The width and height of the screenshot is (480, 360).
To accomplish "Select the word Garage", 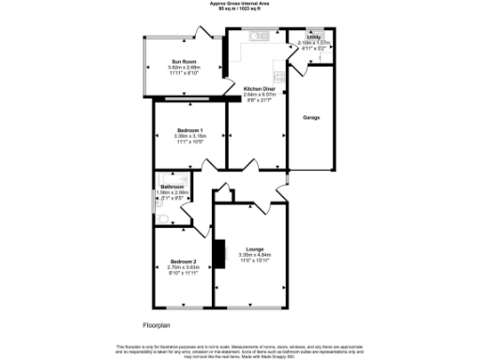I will click(312, 118).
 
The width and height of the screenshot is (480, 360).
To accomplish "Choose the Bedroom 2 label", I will click(183, 261).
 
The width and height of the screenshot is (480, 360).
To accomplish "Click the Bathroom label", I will click(172, 187).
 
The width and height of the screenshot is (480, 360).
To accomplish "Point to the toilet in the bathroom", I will click(162, 218).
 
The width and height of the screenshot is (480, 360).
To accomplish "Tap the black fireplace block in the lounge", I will click(219, 252).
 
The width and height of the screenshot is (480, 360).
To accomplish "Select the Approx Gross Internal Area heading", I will click(239, 5).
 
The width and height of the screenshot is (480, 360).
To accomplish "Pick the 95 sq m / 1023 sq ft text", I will click(239, 10).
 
